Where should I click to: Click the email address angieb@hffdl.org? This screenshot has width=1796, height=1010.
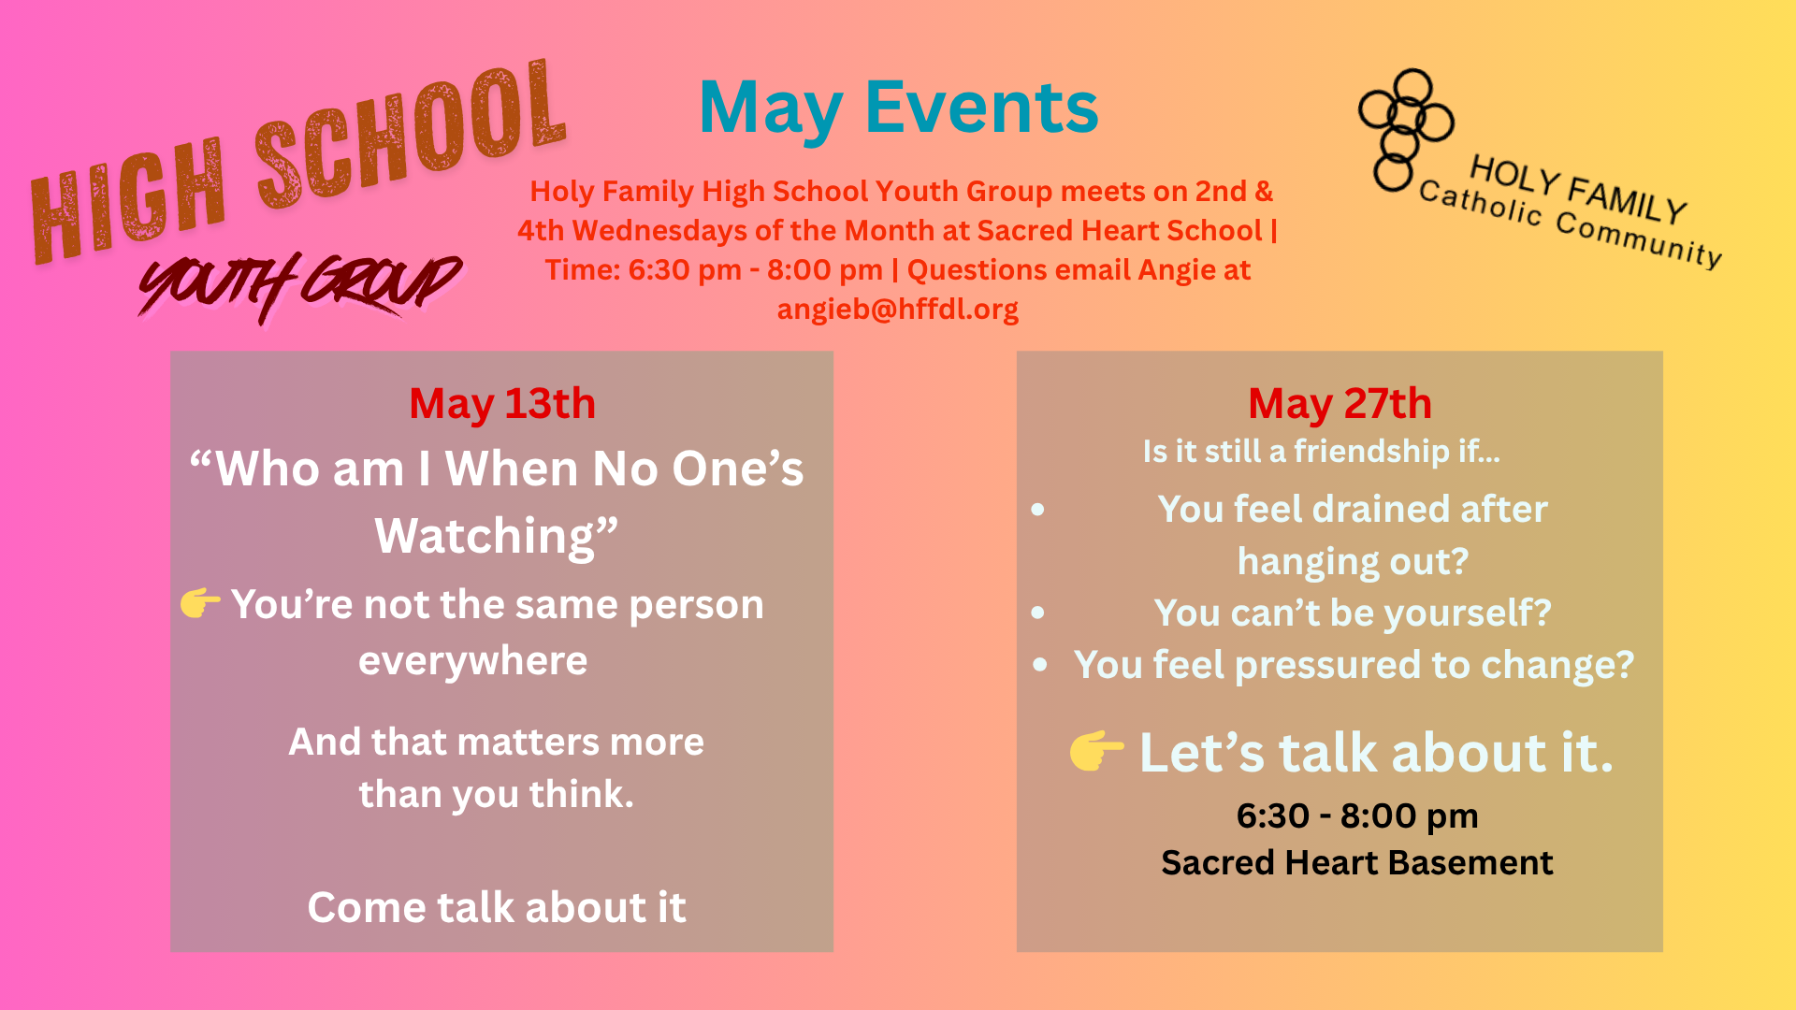click(x=898, y=309)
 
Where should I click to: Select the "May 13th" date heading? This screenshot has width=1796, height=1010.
click(x=502, y=405)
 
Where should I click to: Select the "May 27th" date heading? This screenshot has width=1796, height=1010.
click(x=1340, y=405)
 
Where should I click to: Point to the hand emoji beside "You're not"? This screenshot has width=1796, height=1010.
click(x=200, y=603)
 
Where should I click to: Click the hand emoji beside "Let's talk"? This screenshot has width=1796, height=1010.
click(x=1096, y=751)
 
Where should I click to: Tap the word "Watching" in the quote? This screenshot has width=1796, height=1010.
click(x=485, y=537)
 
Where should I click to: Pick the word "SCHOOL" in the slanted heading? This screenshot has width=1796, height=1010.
click(x=412, y=136)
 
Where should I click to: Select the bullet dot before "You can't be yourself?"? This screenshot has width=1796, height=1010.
click(x=1037, y=613)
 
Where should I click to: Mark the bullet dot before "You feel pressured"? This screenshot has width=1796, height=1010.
click(x=1040, y=665)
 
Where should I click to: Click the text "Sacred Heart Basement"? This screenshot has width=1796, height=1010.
click(x=1356, y=862)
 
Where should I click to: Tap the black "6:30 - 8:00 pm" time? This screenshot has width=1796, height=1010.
click(x=1357, y=816)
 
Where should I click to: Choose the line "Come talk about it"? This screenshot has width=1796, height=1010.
click(x=497, y=907)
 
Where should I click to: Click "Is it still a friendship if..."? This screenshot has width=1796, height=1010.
click(x=1321, y=451)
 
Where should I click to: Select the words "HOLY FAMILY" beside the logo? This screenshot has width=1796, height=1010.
click(x=1578, y=190)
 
